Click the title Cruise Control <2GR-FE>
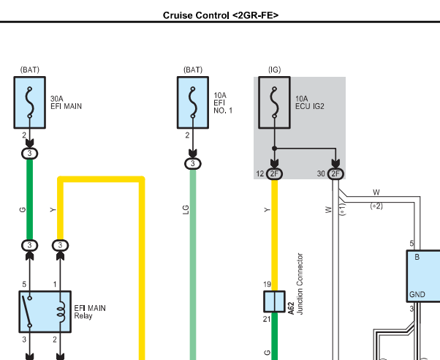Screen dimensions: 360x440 220,14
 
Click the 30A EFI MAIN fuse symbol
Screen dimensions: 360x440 29,103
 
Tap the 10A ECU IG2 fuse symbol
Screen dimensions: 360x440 274,103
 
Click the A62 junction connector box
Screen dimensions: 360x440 274,301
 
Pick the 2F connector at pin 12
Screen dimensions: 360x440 275,173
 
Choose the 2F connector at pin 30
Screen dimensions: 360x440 336,173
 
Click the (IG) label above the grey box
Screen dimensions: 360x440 274,70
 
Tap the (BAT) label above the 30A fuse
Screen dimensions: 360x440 29,70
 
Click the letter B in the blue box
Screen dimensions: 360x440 417,257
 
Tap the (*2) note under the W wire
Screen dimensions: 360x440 376,206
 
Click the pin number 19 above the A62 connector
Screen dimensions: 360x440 267,285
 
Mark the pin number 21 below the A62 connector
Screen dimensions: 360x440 267,320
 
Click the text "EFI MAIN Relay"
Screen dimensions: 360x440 89,312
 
